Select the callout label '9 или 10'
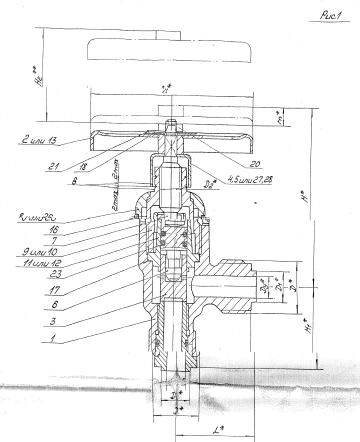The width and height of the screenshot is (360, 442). [x=38, y=250]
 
